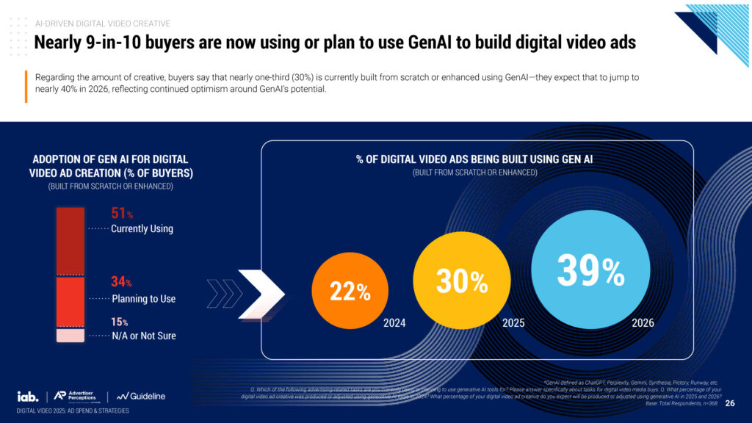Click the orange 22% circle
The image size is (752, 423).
(x=350, y=292)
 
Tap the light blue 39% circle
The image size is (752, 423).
(x=590, y=271)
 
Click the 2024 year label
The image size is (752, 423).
(x=394, y=322)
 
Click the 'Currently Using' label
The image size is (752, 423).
(x=142, y=228)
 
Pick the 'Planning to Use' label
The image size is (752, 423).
(x=143, y=299)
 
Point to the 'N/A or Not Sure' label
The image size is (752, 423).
(x=143, y=336)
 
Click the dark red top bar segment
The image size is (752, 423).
(x=70, y=241)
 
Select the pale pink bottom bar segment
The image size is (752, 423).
(x=70, y=335)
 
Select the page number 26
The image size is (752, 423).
(x=729, y=403)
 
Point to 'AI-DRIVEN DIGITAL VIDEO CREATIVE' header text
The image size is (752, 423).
(x=102, y=24)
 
